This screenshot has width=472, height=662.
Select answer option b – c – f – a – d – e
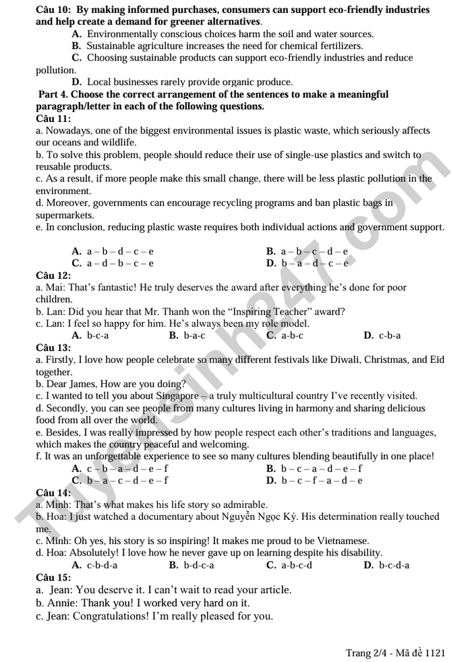click(321, 480)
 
